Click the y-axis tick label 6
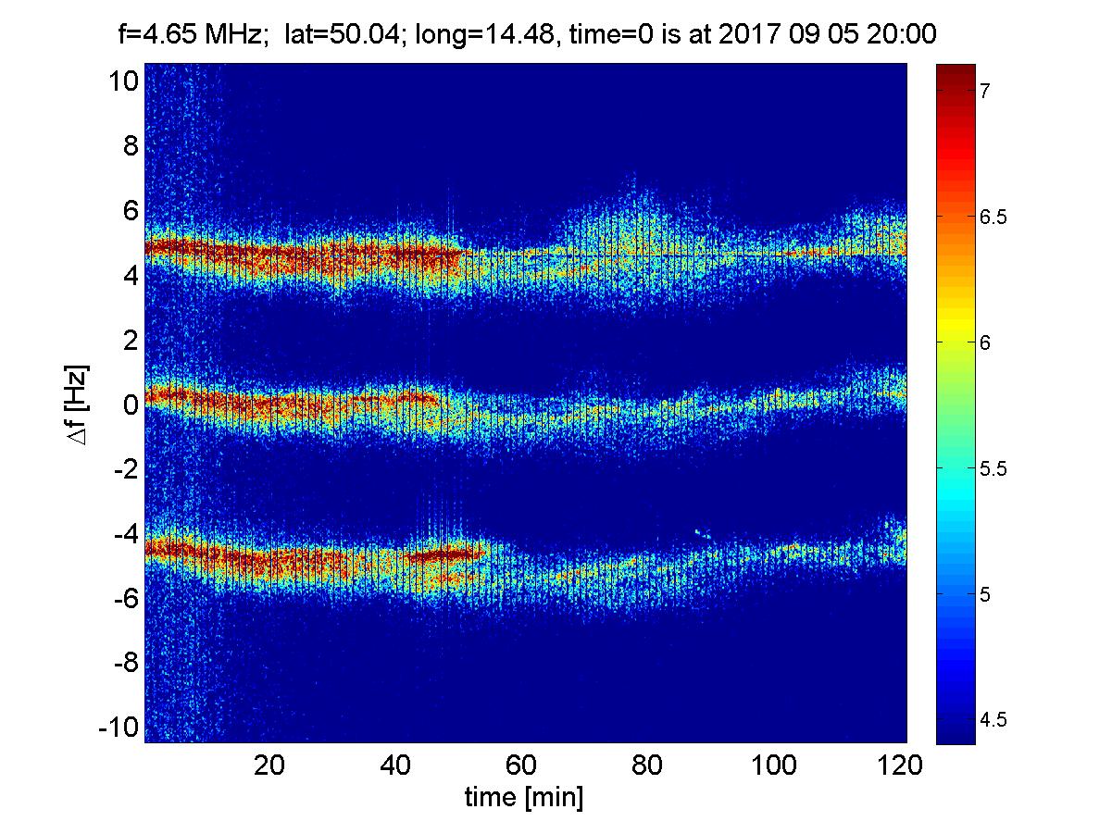coord(130,211)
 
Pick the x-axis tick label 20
coord(269,766)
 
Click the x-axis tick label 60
coord(523,766)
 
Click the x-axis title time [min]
coord(523,797)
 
